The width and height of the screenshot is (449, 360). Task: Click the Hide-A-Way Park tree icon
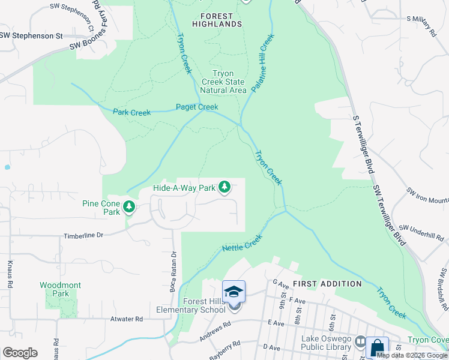pyautogui.click(x=224, y=187)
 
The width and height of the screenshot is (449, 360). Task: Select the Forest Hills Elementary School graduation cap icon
pyautogui.click(x=234, y=292)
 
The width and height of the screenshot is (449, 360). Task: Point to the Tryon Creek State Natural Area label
pyautogui.click(x=223, y=82)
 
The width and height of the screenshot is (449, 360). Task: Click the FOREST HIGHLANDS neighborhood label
pyautogui.click(x=217, y=19)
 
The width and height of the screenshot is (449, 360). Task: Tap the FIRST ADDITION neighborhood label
pyautogui.click(x=327, y=283)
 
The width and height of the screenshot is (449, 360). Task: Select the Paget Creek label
pyautogui.click(x=197, y=107)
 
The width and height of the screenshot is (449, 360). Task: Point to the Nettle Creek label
pyautogui.click(x=243, y=242)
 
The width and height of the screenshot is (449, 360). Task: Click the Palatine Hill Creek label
pyautogui.click(x=262, y=62)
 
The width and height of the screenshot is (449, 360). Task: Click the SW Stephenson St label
pyautogui.click(x=31, y=35)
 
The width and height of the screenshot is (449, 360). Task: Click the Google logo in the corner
pyautogui.click(x=20, y=353)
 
